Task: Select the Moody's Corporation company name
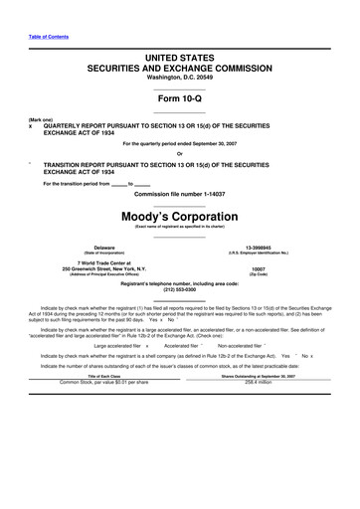pyautogui.click(x=180, y=213)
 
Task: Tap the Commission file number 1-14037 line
pyautogui.click(x=180, y=192)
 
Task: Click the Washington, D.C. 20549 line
pyautogui.click(x=180, y=77)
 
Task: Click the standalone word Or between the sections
pyautogui.click(x=180, y=152)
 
